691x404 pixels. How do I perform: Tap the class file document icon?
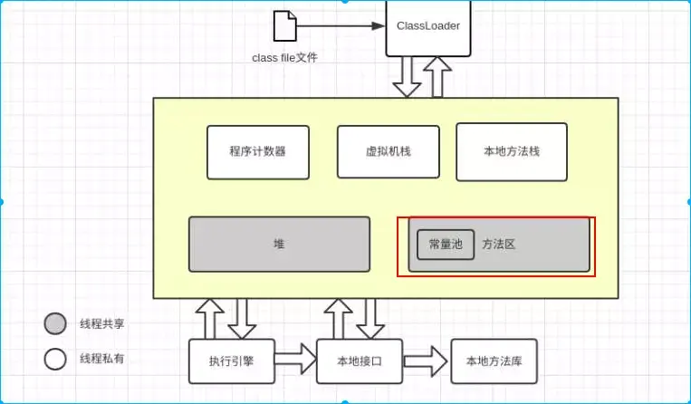(284, 26)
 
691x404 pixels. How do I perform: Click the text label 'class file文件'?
(284, 58)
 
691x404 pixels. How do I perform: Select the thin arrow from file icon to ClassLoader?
(340, 25)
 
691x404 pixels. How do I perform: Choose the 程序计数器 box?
(258, 151)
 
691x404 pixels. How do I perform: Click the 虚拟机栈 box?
(388, 151)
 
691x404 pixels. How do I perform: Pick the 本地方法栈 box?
(512, 151)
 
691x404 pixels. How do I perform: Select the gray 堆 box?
(279, 244)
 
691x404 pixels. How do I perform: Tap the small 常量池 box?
(445, 245)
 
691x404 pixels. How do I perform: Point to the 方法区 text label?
(498, 245)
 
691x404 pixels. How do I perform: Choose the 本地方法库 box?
(494, 361)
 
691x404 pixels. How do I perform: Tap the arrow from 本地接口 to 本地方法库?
(427, 361)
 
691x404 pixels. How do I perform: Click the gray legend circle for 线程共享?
(55, 323)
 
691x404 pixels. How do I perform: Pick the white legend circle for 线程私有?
(55, 359)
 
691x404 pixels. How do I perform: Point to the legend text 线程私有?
(101, 359)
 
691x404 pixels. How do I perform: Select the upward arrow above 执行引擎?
(209, 318)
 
